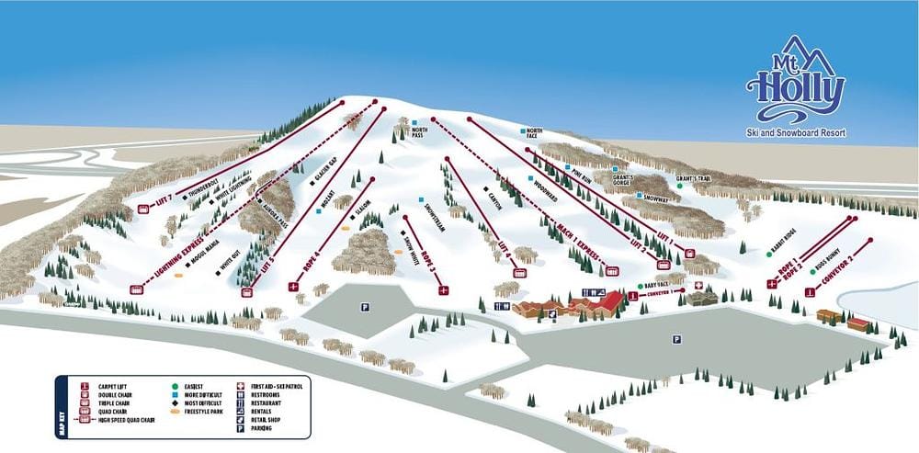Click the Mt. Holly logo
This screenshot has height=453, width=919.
795,83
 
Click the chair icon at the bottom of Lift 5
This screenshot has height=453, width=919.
246,292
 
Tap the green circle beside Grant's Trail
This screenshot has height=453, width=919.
679,186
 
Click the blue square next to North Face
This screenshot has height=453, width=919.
525,132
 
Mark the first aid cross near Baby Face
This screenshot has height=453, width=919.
698,287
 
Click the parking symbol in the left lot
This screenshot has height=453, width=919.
364,307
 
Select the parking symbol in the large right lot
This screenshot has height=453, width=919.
676,339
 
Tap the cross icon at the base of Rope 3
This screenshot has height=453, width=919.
444,290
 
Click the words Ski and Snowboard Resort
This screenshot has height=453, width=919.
796,133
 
